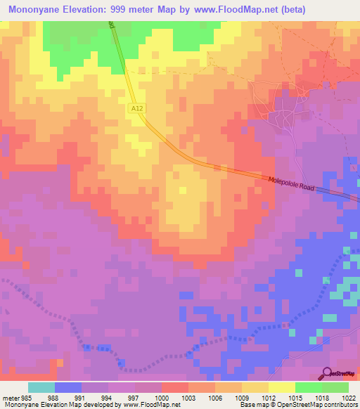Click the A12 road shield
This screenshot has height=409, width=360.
point(137,108)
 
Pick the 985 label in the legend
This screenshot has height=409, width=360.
point(26,398)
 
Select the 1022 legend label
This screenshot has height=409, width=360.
point(349,398)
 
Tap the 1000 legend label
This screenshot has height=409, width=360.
point(162,398)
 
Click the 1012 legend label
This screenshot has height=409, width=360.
point(269,398)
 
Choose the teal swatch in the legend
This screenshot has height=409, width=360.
point(41,387)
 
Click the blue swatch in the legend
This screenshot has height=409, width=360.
point(68,387)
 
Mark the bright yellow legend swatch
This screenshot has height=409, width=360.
point(282,387)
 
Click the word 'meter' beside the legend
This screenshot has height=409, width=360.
point(10,398)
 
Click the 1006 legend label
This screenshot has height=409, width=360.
point(215,398)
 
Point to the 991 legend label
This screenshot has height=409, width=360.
point(82,398)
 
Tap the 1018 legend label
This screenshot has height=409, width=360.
point(322,398)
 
